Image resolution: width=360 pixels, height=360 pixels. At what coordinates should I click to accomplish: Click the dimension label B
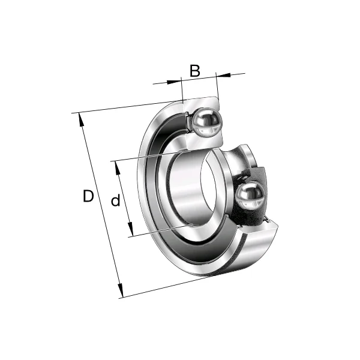click(x=194, y=71)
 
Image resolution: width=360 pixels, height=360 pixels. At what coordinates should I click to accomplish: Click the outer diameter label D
click(x=88, y=196)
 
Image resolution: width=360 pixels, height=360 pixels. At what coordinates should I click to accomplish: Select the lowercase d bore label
click(x=116, y=201)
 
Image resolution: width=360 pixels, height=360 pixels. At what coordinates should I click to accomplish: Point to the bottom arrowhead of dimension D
click(x=121, y=293)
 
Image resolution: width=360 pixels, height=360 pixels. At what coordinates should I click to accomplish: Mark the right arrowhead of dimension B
click(x=220, y=75)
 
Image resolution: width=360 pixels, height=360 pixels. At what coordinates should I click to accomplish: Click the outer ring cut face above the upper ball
click(x=201, y=102)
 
